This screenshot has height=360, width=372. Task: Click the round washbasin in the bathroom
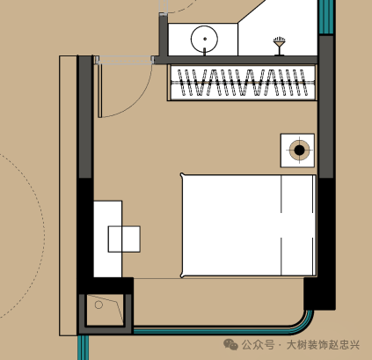click(204, 39)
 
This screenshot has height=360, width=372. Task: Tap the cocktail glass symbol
click(280, 46)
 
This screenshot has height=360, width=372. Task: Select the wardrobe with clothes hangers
click(242, 83)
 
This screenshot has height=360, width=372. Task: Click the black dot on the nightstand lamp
click(299, 150)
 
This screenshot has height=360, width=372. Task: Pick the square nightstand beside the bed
click(297, 151)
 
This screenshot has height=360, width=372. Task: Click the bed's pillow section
click(298, 225)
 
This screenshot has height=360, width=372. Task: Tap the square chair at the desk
click(124, 239)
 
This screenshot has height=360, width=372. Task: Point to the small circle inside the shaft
click(98, 305)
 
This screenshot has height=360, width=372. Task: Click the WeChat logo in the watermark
click(230, 344)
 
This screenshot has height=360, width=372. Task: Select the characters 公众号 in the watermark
click(258, 345)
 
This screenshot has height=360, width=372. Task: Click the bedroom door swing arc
click(135, 100)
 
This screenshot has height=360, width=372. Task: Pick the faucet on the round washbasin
click(204, 52)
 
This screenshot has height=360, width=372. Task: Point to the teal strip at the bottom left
click(83, 348)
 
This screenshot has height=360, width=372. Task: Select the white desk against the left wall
click(107, 239)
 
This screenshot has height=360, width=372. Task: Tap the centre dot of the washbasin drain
click(205, 39)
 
